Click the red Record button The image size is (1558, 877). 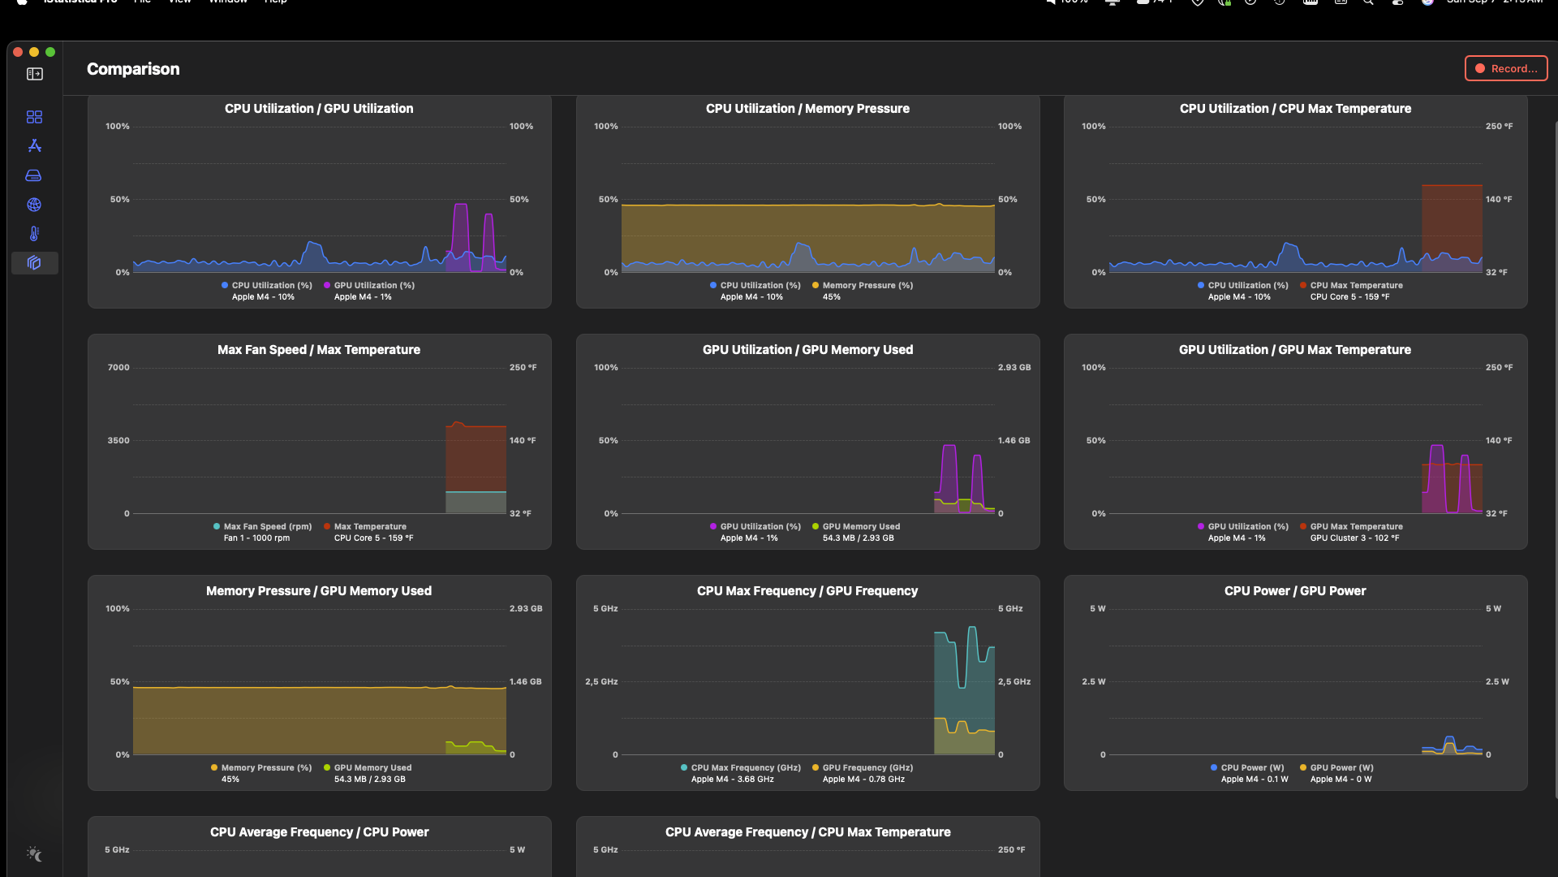(x=1506, y=69)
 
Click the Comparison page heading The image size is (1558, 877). (x=133, y=69)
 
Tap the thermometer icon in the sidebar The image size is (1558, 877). (x=34, y=234)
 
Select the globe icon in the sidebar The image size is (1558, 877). (x=34, y=205)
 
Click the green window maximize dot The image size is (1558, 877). (x=50, y=52)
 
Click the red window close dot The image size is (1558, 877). (x=18, y=52)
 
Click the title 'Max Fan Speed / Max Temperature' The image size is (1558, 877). (x=319, y=350)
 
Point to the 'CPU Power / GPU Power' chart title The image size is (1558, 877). (x=1295, y=591)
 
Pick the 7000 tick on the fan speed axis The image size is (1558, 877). (x=118, y=368)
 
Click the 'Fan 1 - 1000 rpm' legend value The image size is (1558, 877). (x=256, y=538)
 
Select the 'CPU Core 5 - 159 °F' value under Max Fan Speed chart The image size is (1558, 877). (x=373, y=538)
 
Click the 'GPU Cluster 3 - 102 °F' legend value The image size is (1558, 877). (x=1354, y=538)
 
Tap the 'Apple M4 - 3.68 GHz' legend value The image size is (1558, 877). (x=732, y=780)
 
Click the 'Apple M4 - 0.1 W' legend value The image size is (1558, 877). (x=1254, y=780)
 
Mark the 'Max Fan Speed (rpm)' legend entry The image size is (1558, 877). (x=267, y=527)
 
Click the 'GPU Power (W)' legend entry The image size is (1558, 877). (x=1341, y=768)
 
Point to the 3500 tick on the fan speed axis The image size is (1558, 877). (x=118, y=441)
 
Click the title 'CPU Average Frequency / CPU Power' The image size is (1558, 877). (x=319, y=832)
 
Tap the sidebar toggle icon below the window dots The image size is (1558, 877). (x=35, y=75)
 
